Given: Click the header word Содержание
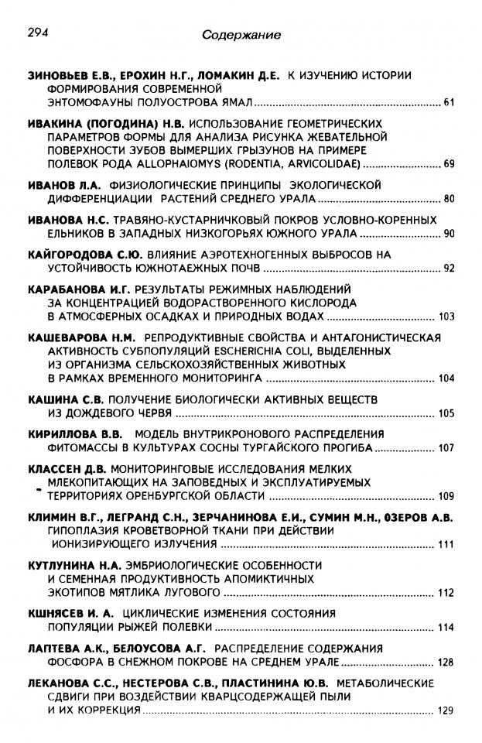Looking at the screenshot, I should [x=241, y=35].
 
